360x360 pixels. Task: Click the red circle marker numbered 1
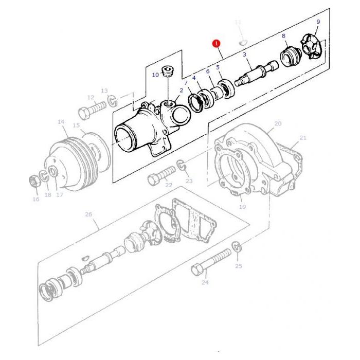coord(217,44)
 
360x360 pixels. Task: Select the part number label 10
coord(155,75)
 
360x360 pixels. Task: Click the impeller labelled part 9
coord(310,47)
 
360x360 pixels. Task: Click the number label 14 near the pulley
coord(61,122)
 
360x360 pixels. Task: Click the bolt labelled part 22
coord(158,178)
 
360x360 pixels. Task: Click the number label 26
coord(88,214)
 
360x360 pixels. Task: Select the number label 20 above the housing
coord(278,123)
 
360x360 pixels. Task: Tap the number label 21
coord(302,137)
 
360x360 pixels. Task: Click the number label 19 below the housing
coord(242,207)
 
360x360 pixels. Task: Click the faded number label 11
coord(237,23)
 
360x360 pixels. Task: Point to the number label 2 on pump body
coord(181,91)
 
